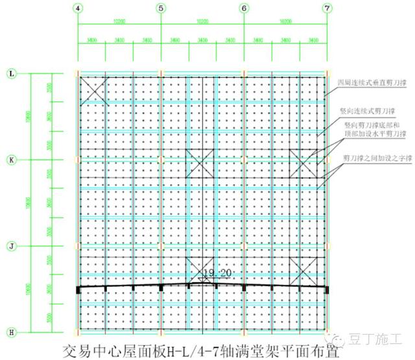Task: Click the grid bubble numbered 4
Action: pos(78,8)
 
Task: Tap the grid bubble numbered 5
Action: pos(161,8)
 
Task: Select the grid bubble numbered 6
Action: pos(244,8)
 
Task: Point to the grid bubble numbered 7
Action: pos(327,8)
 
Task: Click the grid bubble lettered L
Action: pos(11,74)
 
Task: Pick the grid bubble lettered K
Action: pos(11,158)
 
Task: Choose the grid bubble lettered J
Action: pos(11,246)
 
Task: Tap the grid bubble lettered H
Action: pos(11,331)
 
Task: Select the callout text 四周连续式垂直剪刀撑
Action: pos(366,83)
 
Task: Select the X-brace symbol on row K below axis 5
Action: pos(199,163)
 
